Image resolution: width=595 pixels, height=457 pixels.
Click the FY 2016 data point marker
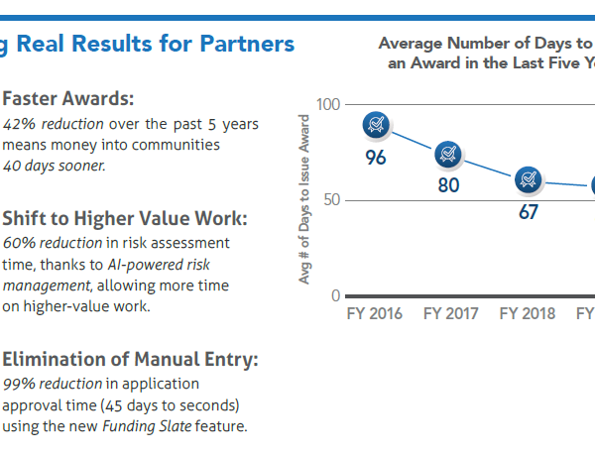[x=376, y=124]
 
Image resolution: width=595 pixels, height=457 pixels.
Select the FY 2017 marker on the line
[x=449, y=153]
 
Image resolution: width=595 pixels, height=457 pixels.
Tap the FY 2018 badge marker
[x=527, y=179]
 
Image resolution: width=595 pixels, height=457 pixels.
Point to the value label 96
[x=376, y=158]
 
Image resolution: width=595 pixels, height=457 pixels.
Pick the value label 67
[x=528, y=211]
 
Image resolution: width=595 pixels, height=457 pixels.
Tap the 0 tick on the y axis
[x=335, y=295]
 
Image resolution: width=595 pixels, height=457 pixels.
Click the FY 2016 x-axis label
[x=374, y=314]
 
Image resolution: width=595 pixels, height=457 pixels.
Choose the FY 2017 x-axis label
[x=450, y=314]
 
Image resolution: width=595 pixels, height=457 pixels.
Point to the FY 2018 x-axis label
[x=527, y=314]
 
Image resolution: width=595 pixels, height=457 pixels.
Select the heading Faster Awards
[x=68, y=99]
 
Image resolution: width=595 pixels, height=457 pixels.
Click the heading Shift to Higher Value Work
[x=125, y=218]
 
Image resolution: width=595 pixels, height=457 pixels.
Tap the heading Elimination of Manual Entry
[x=131, y=360]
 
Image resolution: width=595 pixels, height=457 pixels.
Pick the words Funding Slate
[x=139, y=426]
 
